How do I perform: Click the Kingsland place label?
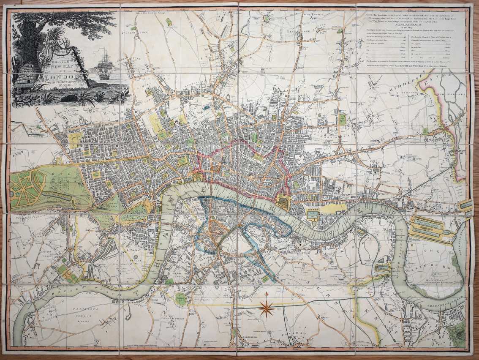(296, 32)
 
